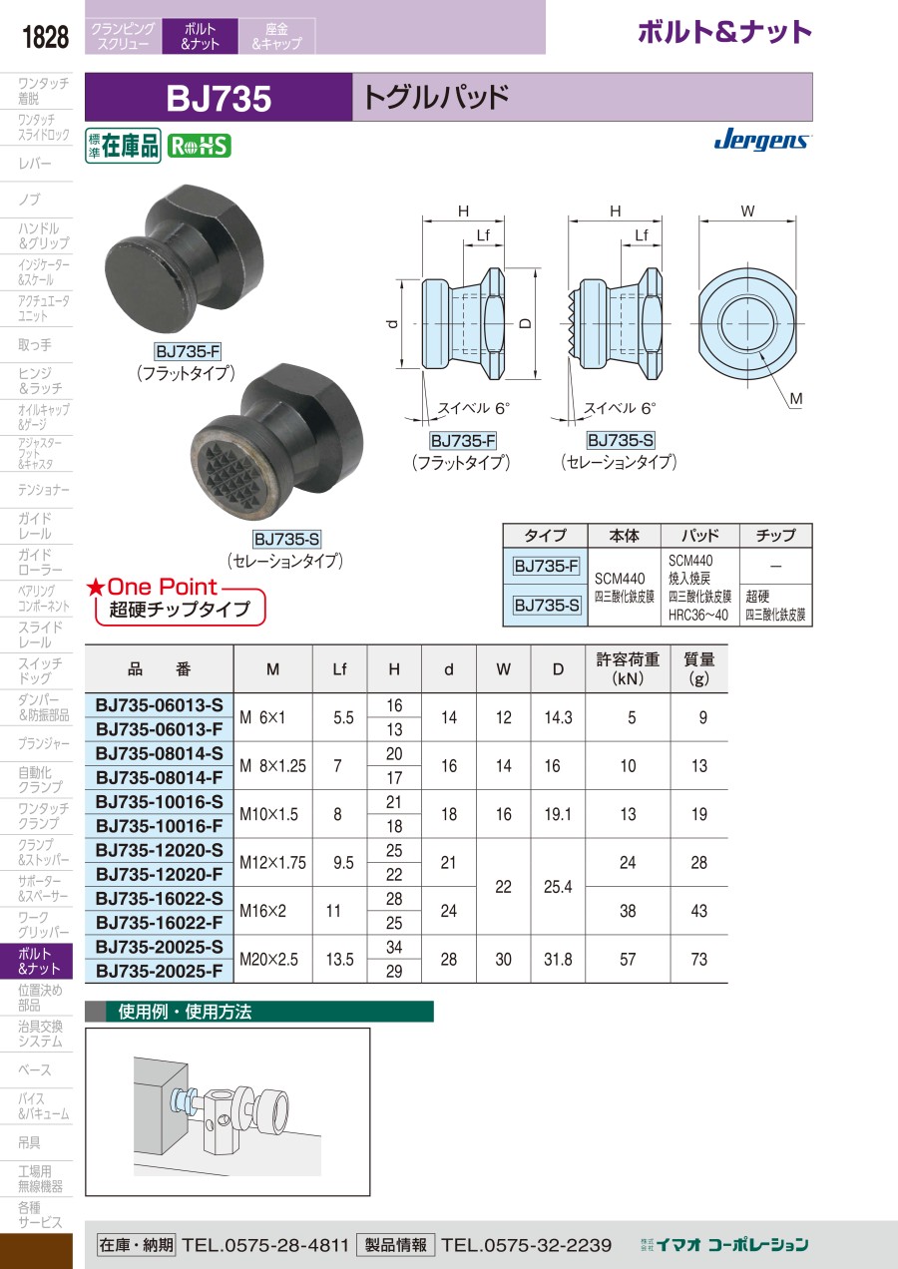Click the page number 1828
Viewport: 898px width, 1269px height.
point(45,37)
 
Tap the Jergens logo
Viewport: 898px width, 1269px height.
point(762,139)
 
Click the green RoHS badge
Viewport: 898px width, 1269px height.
point(200,146)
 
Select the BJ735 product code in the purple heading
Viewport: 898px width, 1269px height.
point(219,98)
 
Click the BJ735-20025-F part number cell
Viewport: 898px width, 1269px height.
point(160,971)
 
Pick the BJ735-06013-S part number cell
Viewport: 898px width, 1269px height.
point(160,705)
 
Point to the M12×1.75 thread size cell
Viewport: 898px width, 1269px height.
point(272,862)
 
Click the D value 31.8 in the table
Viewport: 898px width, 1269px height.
point(558,959)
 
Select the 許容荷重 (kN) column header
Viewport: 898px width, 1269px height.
point(628,668)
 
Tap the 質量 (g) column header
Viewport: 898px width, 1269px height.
point(699,668)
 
